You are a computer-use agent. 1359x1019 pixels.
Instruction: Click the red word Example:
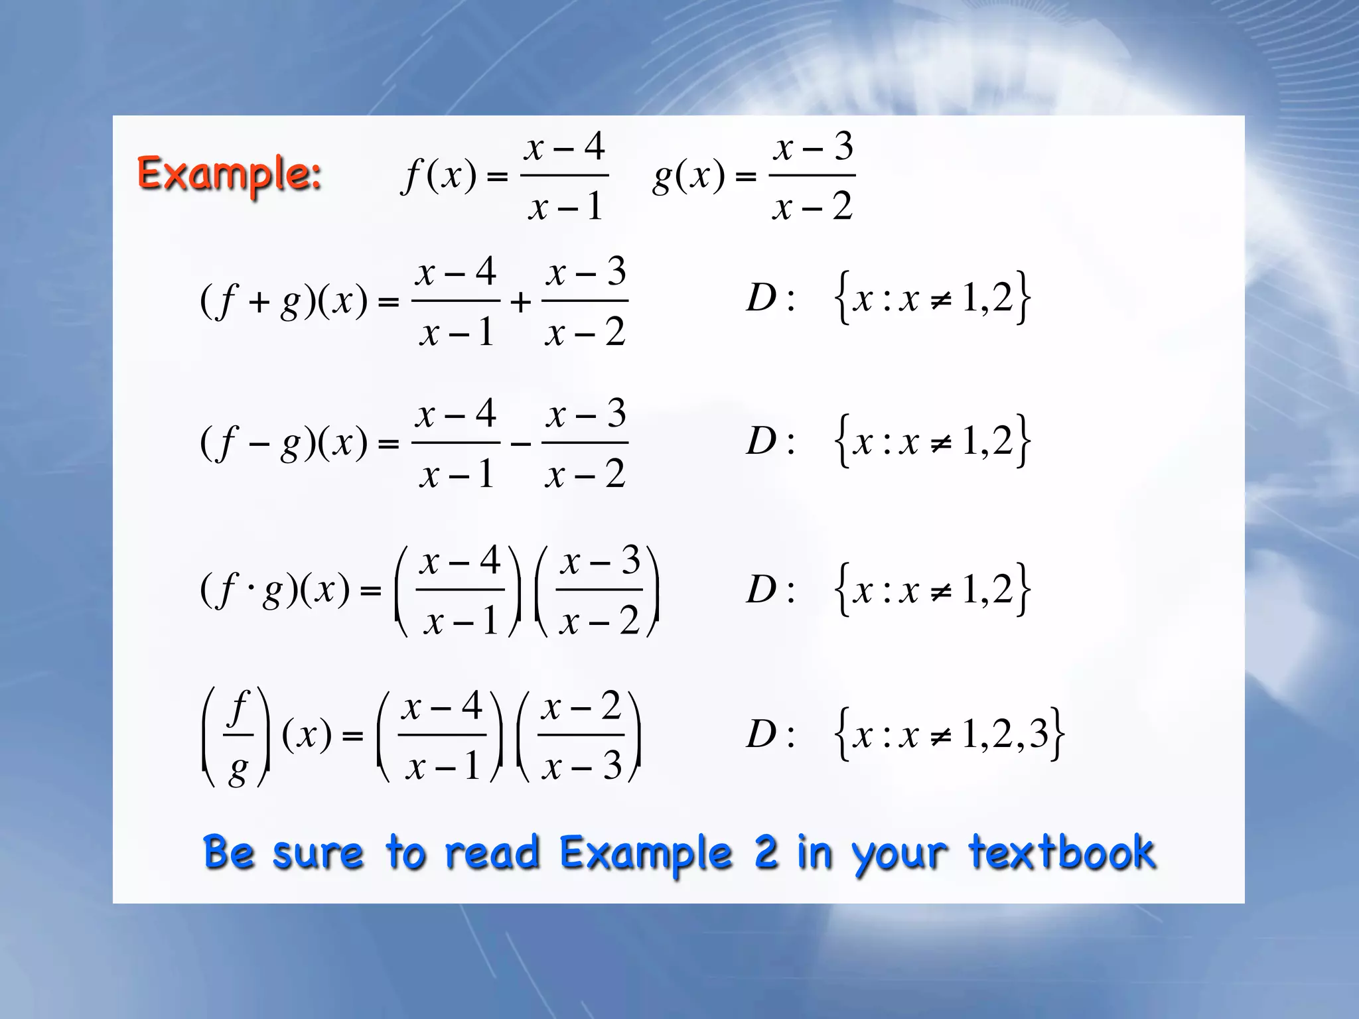[229, 174]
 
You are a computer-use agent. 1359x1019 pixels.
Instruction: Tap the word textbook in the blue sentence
[1062, 852]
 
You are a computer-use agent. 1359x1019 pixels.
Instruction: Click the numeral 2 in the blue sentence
[765, 852]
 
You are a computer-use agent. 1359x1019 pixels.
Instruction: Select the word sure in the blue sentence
[318, 854]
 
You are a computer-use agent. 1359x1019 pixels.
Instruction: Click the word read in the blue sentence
[491, 852]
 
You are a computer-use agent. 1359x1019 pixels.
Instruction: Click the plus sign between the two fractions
[521, 303]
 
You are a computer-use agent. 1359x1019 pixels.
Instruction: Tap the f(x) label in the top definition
[439, 176]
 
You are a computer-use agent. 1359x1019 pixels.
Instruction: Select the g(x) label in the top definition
[689, 176]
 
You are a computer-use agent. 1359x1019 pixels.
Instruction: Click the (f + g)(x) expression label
[283, 301]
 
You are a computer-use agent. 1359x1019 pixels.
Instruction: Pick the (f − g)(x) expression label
[283, 443]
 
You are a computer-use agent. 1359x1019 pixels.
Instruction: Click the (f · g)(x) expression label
[274, 590]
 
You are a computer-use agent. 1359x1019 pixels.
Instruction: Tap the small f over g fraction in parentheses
[237, 736]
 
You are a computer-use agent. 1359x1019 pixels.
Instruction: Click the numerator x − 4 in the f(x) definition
[565, 147]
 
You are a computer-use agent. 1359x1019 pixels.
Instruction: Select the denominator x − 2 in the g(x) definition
[812, 206]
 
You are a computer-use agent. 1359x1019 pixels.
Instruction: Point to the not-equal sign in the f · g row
[940, 590]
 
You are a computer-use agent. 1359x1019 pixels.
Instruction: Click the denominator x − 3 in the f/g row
[581, 766]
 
